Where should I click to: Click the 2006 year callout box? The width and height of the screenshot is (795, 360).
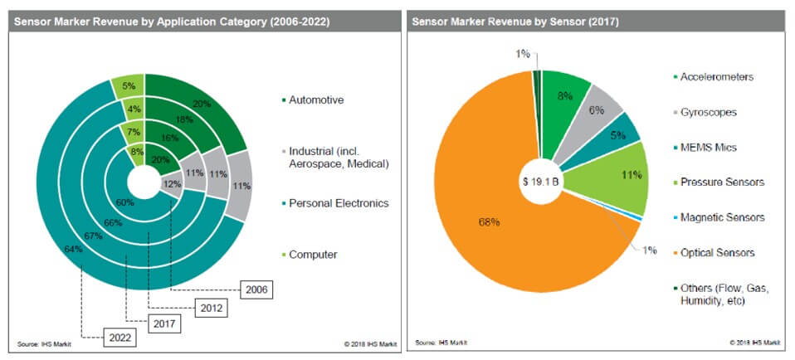pos(256,290)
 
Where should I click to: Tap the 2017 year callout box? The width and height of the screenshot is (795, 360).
pos(161,322)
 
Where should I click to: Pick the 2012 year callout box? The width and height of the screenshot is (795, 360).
pos(211,307)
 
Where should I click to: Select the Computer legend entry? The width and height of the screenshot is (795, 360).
pos(314,254)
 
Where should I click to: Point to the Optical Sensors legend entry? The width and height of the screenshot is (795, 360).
pos(715,252)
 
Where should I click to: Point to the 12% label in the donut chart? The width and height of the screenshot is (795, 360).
pos(171,183)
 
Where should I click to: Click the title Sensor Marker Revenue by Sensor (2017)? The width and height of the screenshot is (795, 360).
pos(515,20)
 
